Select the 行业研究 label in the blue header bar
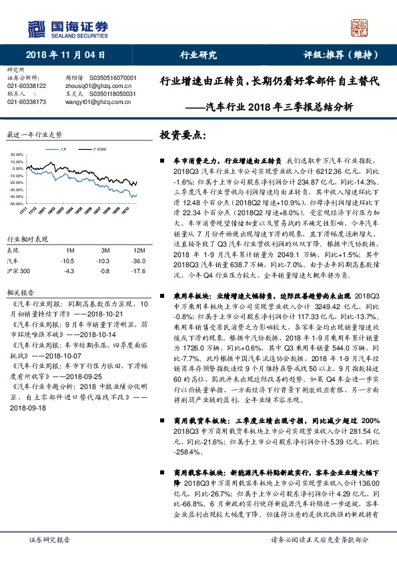pyautogui.click(x=198, y=55)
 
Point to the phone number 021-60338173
pyautogui.click(x=27, y=101)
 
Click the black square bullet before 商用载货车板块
pyautogui.click(x=163, y=420)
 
